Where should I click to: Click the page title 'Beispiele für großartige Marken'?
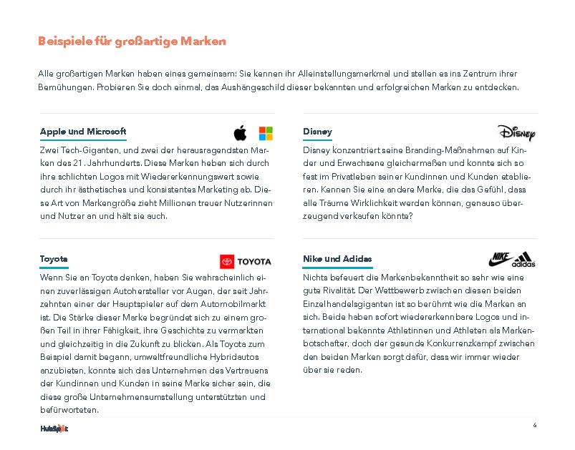[x=132, y=41]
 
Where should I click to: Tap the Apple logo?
[x=240, y=133]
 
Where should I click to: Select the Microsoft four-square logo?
[x=266, y=133]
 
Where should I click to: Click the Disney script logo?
[x=516, y=133]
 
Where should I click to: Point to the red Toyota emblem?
[x=227, y=262]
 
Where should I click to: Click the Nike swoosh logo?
[x=500, y=258]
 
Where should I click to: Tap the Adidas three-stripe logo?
[x=523, y=260]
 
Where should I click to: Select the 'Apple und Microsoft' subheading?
[x=83, y=132]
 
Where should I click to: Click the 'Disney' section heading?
[x=317, y=132]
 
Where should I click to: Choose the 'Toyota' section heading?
[x=54, y=259]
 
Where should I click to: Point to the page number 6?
[x=535, y=425]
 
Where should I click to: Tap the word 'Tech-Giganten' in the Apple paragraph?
[x=85, y=151]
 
